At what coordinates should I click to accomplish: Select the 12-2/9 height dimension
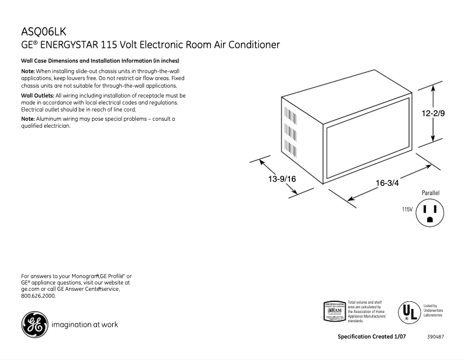coord(433,113)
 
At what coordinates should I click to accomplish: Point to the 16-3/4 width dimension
coord(387,183)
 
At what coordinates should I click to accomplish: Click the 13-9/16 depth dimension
coord(282,179)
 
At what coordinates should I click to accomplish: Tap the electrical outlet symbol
coord(430,212)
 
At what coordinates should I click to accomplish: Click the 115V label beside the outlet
coord(407,209)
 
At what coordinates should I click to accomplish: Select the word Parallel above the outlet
coord(431,192)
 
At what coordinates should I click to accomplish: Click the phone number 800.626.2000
coord(38,296)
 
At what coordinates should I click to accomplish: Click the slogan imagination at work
coord(85,325)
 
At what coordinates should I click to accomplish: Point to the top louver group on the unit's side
coord(286,112)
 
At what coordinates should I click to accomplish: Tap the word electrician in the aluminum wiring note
coord(56,126)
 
